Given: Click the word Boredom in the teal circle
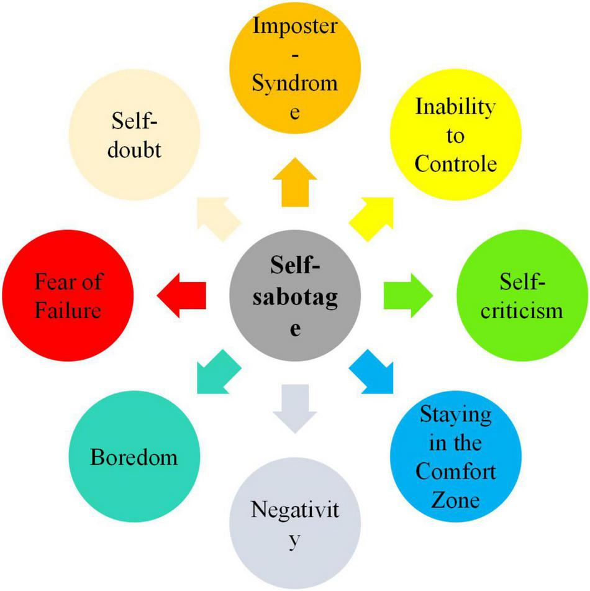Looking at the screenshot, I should click(x=134, y=457).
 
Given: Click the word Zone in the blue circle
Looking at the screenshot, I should click(x=455, y=499).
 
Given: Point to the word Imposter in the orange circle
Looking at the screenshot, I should click(x=295, y=28).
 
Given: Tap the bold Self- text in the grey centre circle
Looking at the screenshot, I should click(x=294, y=265).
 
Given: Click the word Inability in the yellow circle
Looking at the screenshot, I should click(x=455, y=107).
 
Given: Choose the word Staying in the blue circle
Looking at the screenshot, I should click(x=455, y=415).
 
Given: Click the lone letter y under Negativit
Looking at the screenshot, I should click(x=296, y=541).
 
